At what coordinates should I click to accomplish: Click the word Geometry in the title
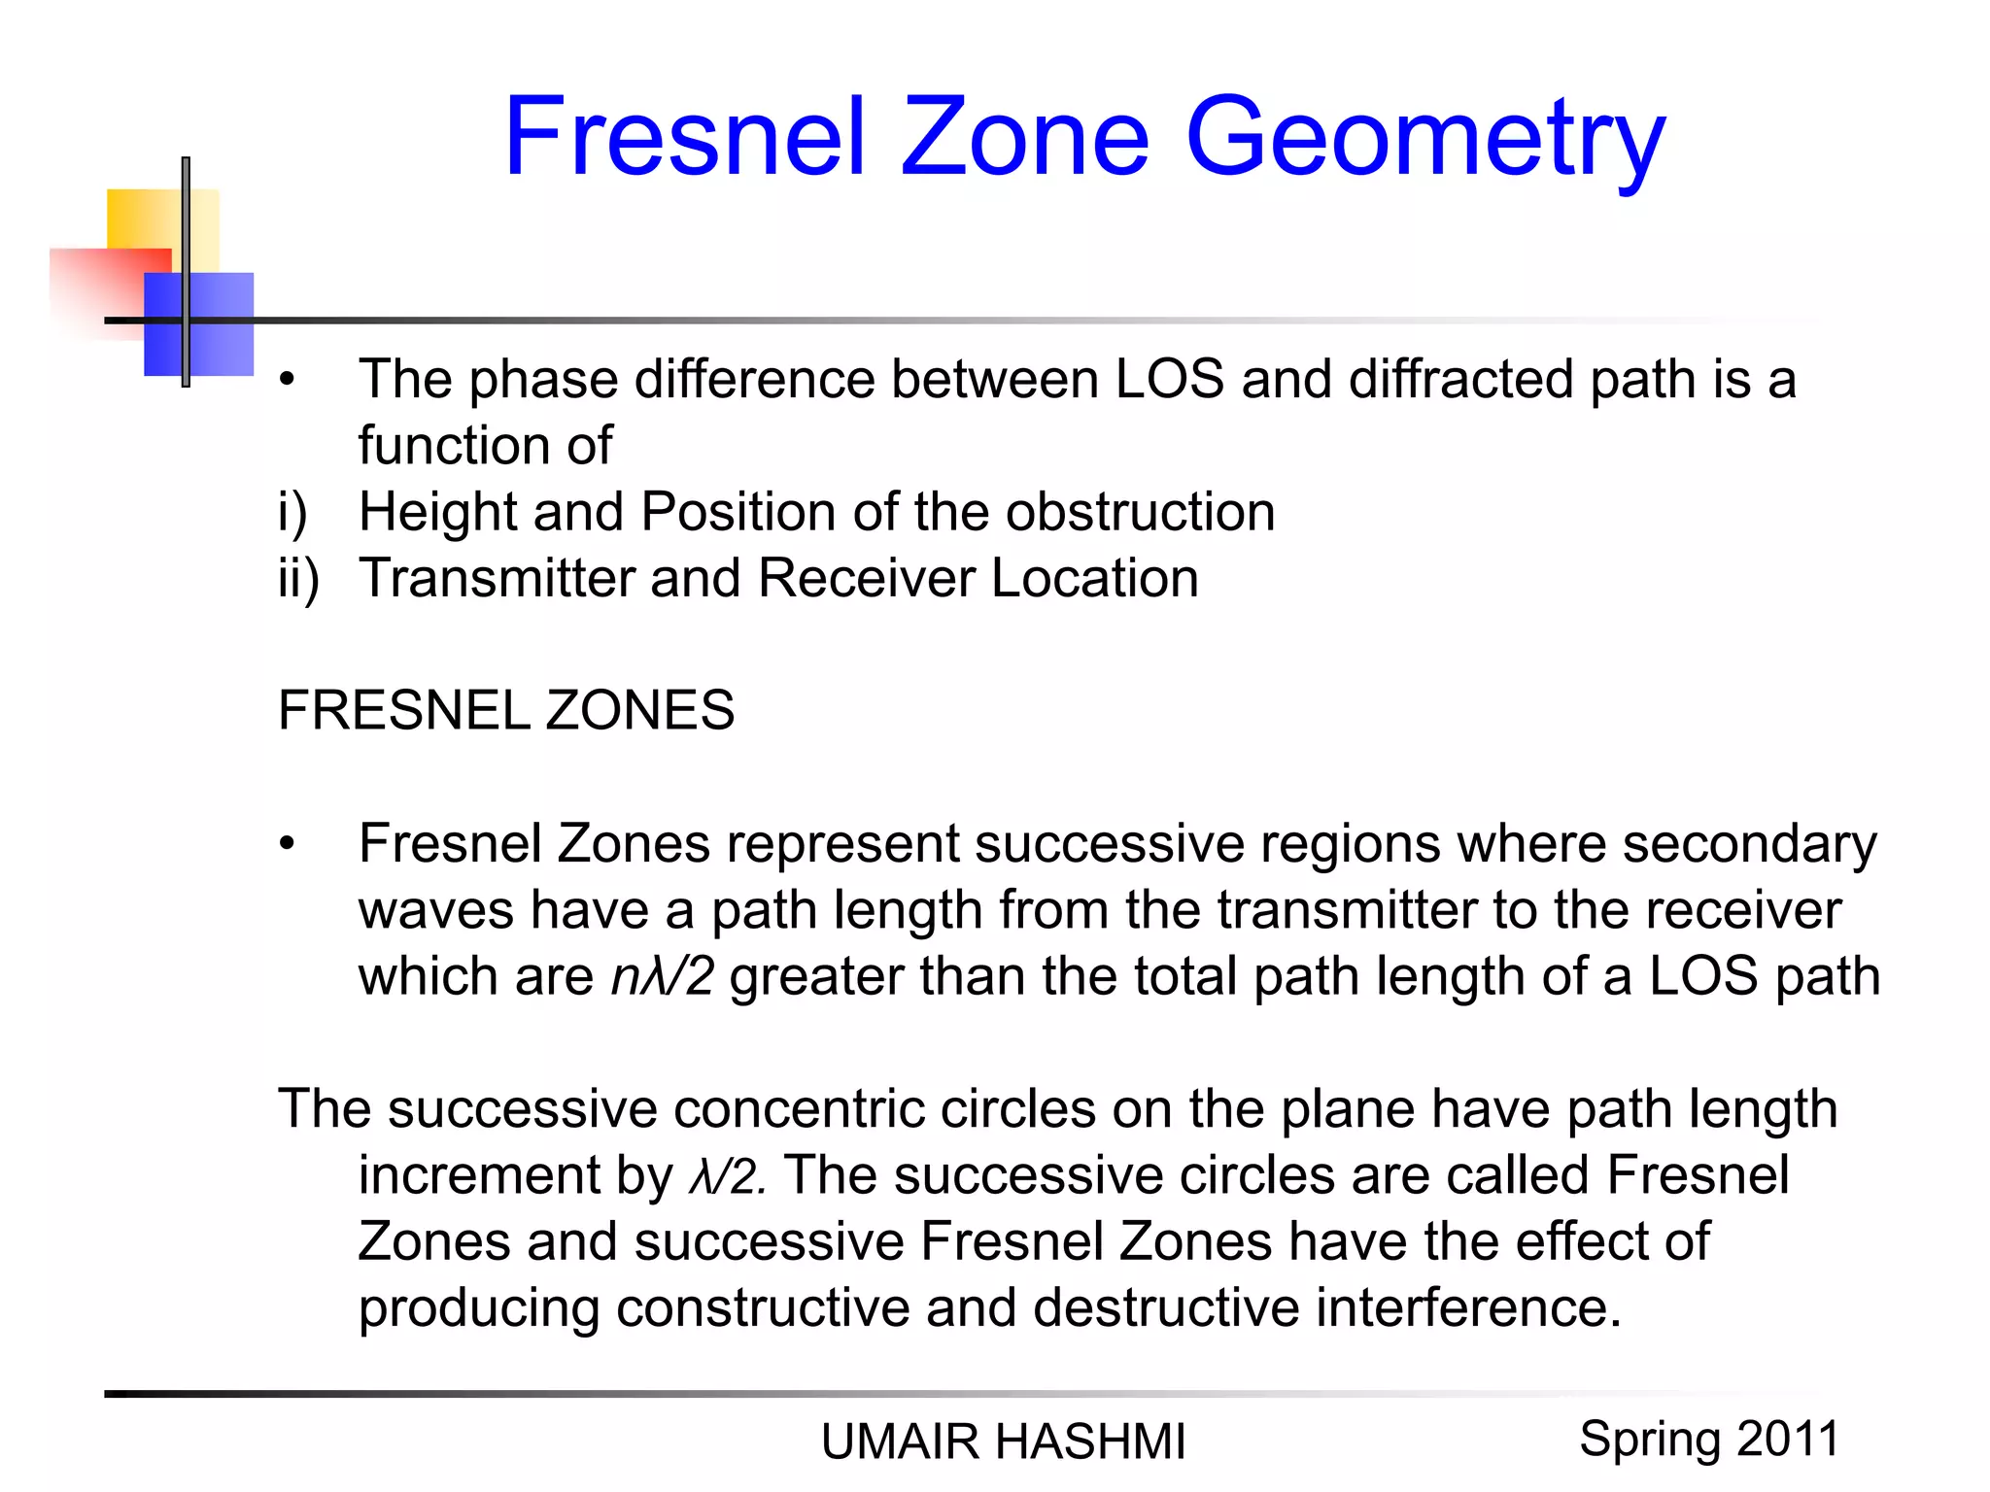1424,138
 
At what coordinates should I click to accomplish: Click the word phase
543,381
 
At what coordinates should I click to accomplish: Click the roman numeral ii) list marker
298,579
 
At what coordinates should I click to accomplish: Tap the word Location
1094,579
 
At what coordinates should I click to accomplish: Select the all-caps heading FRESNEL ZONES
506,710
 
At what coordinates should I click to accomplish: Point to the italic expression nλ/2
662,976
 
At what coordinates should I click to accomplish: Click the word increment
479,1175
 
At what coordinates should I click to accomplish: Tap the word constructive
762,1308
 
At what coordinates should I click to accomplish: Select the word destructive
1165,1308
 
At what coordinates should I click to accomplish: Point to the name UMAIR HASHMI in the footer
1003,1441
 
